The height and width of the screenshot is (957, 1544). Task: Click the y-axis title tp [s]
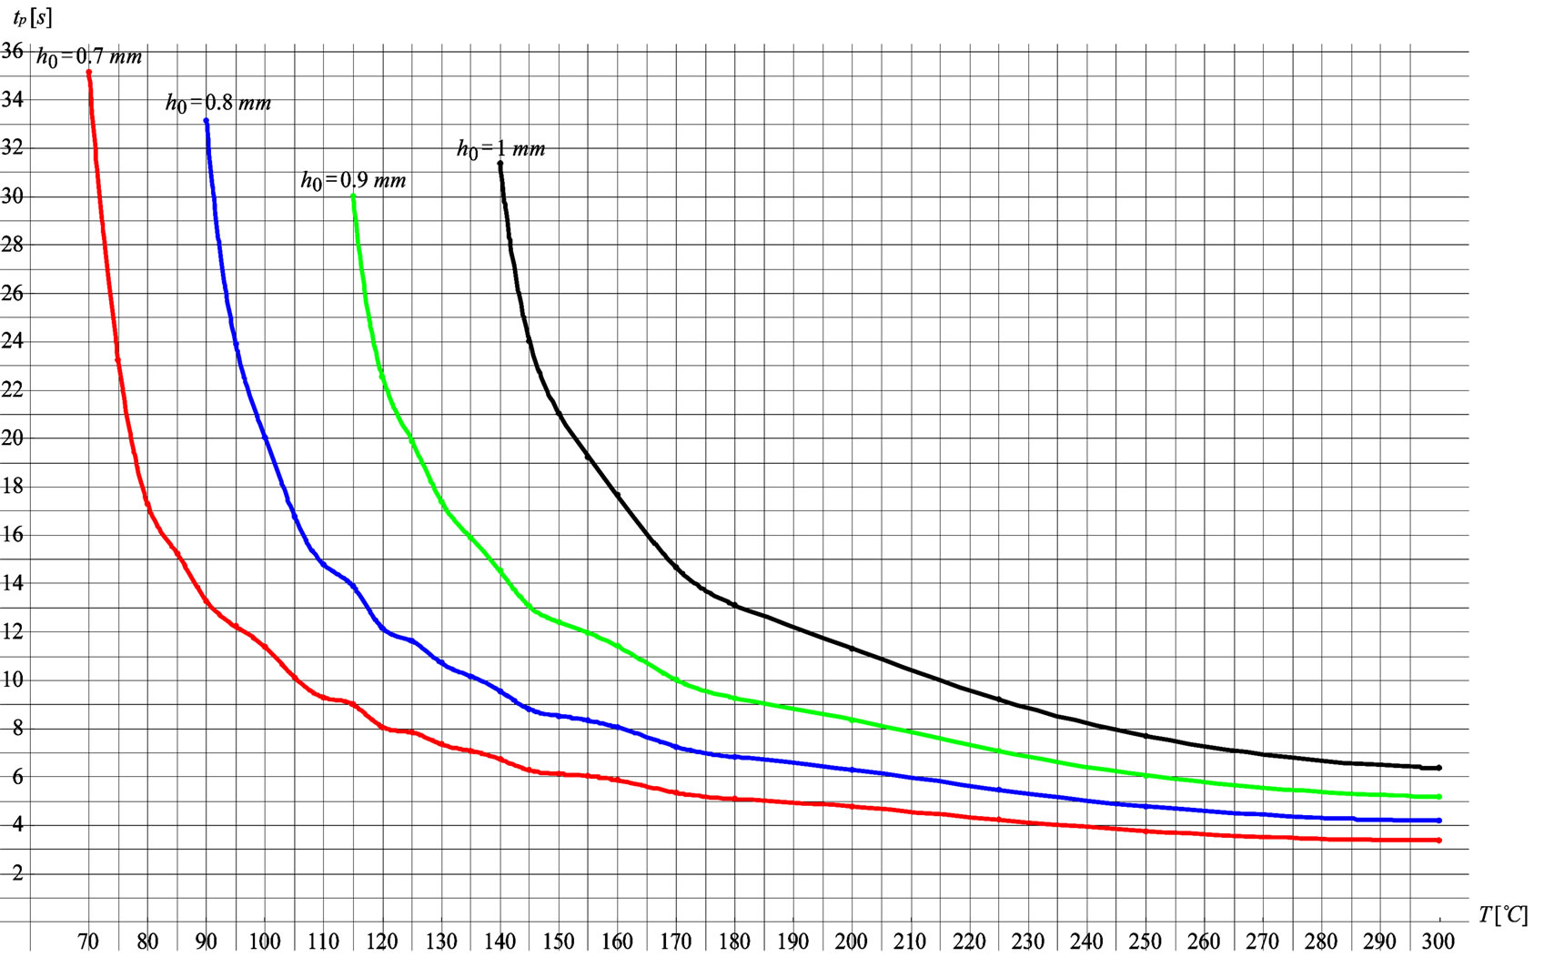pyautogui.click(x=32, y=17)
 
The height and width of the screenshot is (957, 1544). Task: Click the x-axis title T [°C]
pyautogui.click(x=1502, y=914)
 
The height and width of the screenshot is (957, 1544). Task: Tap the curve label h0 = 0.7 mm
pyautogui.click(x=89, y=57)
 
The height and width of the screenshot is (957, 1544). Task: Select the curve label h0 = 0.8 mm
pyautogui.click(x=218, y=103)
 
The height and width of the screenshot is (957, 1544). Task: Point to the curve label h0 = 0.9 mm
pyautogui.click(x=353, y=180)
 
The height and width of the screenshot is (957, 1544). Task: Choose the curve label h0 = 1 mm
pyautogui.click(x=500, y=148)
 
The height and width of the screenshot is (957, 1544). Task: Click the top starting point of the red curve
pyautogui.click(x=88, y=72)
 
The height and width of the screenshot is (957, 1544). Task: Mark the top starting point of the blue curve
pyautogui.click(x=207, y=120)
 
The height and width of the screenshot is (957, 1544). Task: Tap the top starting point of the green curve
pyautogui.click(x=353, y=196)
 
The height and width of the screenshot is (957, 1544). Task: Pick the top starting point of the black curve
pyautogui.click(x=500, y=164)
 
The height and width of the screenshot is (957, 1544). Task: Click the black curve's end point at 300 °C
pyautogui.click(x=1438, y=768)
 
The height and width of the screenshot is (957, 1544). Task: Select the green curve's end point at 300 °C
pyautogui.click(x=1438, y=797)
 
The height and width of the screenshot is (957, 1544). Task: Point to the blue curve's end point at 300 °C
pyautogui.click(x=1438, y=821)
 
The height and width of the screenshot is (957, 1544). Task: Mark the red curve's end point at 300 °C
pyautogui.click(x=1438, y=841)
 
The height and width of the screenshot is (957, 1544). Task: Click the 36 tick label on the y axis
pyautogui.click(x=13, y=51)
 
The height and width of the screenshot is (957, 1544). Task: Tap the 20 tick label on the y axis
pyautogui.click(x=13, y=438)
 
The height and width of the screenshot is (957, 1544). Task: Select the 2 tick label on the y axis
pyautogui.click(x=17, y=873)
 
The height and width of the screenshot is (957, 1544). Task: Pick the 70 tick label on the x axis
pyautogui.click(x=88, y=941)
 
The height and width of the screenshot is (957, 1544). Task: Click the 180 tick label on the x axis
pyautogui.click(x=734, y=941)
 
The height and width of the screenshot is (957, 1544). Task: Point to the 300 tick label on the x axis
pyautogui.click(x=1438, y=941)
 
